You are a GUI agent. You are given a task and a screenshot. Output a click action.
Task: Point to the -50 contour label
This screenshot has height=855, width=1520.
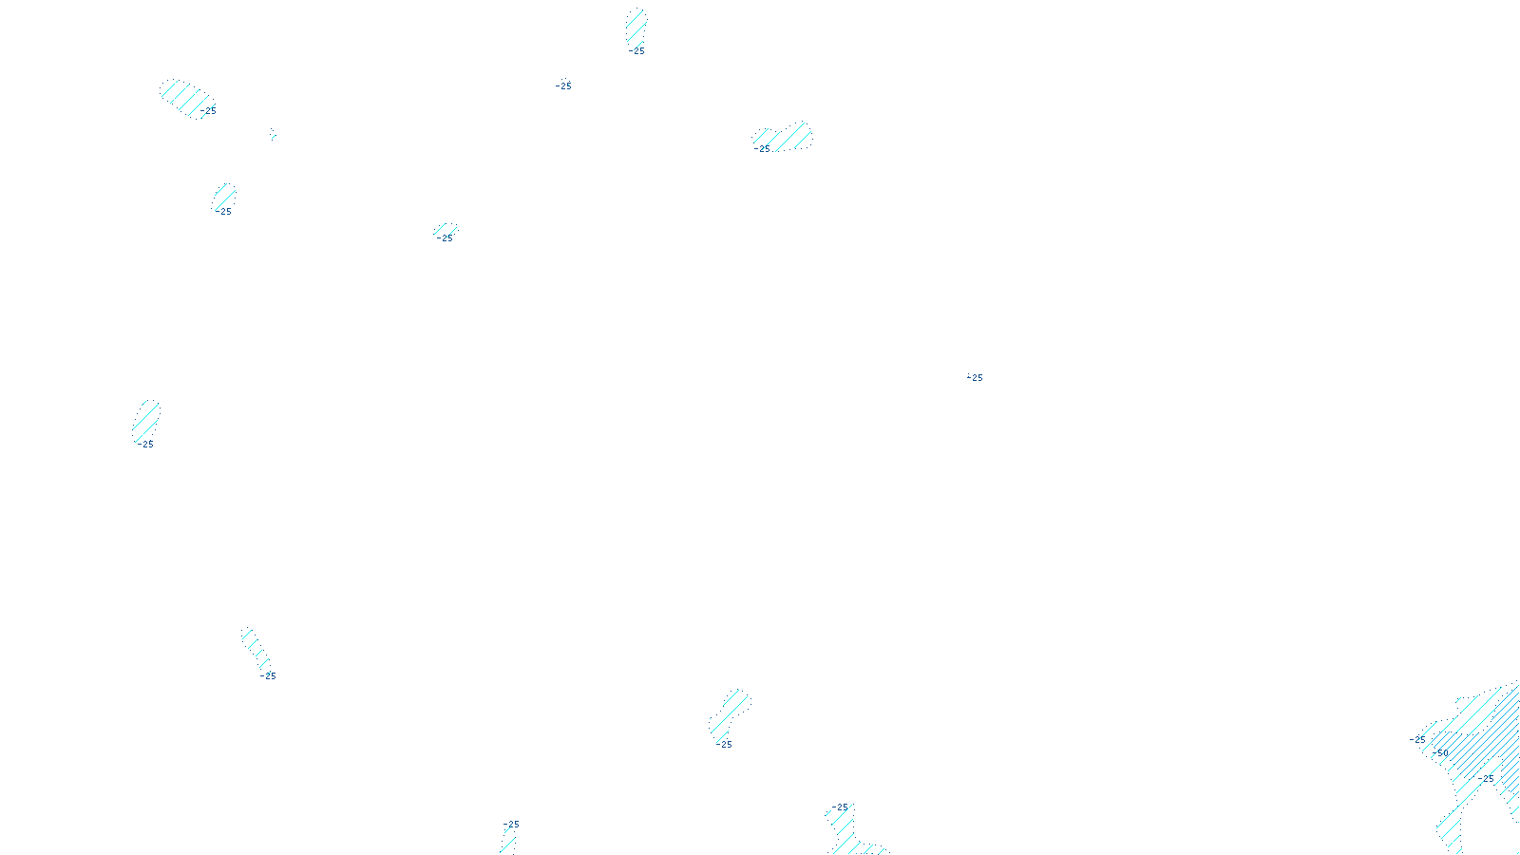point(1440,753)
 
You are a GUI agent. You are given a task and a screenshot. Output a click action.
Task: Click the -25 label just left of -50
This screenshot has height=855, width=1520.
point(1417,739)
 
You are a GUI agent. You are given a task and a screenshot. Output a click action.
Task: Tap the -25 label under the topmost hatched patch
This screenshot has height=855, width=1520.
point(636,51)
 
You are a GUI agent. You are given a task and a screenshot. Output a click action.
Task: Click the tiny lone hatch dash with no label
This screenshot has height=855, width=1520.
point(273,134)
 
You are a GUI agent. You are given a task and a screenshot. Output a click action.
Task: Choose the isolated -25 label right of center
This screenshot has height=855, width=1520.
point(975,378)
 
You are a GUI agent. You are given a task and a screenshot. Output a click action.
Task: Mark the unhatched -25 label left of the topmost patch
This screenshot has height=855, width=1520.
point(563,86)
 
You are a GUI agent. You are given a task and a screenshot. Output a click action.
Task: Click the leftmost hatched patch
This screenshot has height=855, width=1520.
point(146,418)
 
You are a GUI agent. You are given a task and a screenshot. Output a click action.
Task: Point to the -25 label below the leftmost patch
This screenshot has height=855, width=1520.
point(144,445)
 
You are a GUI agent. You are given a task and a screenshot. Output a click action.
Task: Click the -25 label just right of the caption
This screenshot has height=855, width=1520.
point(840,807)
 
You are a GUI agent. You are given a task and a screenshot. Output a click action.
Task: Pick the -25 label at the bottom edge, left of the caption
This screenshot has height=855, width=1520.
point(511,825)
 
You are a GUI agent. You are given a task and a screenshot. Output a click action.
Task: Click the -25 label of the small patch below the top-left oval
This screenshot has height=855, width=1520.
point(224,212)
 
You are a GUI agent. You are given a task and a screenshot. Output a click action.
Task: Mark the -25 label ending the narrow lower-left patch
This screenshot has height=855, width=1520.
point(268,676)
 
